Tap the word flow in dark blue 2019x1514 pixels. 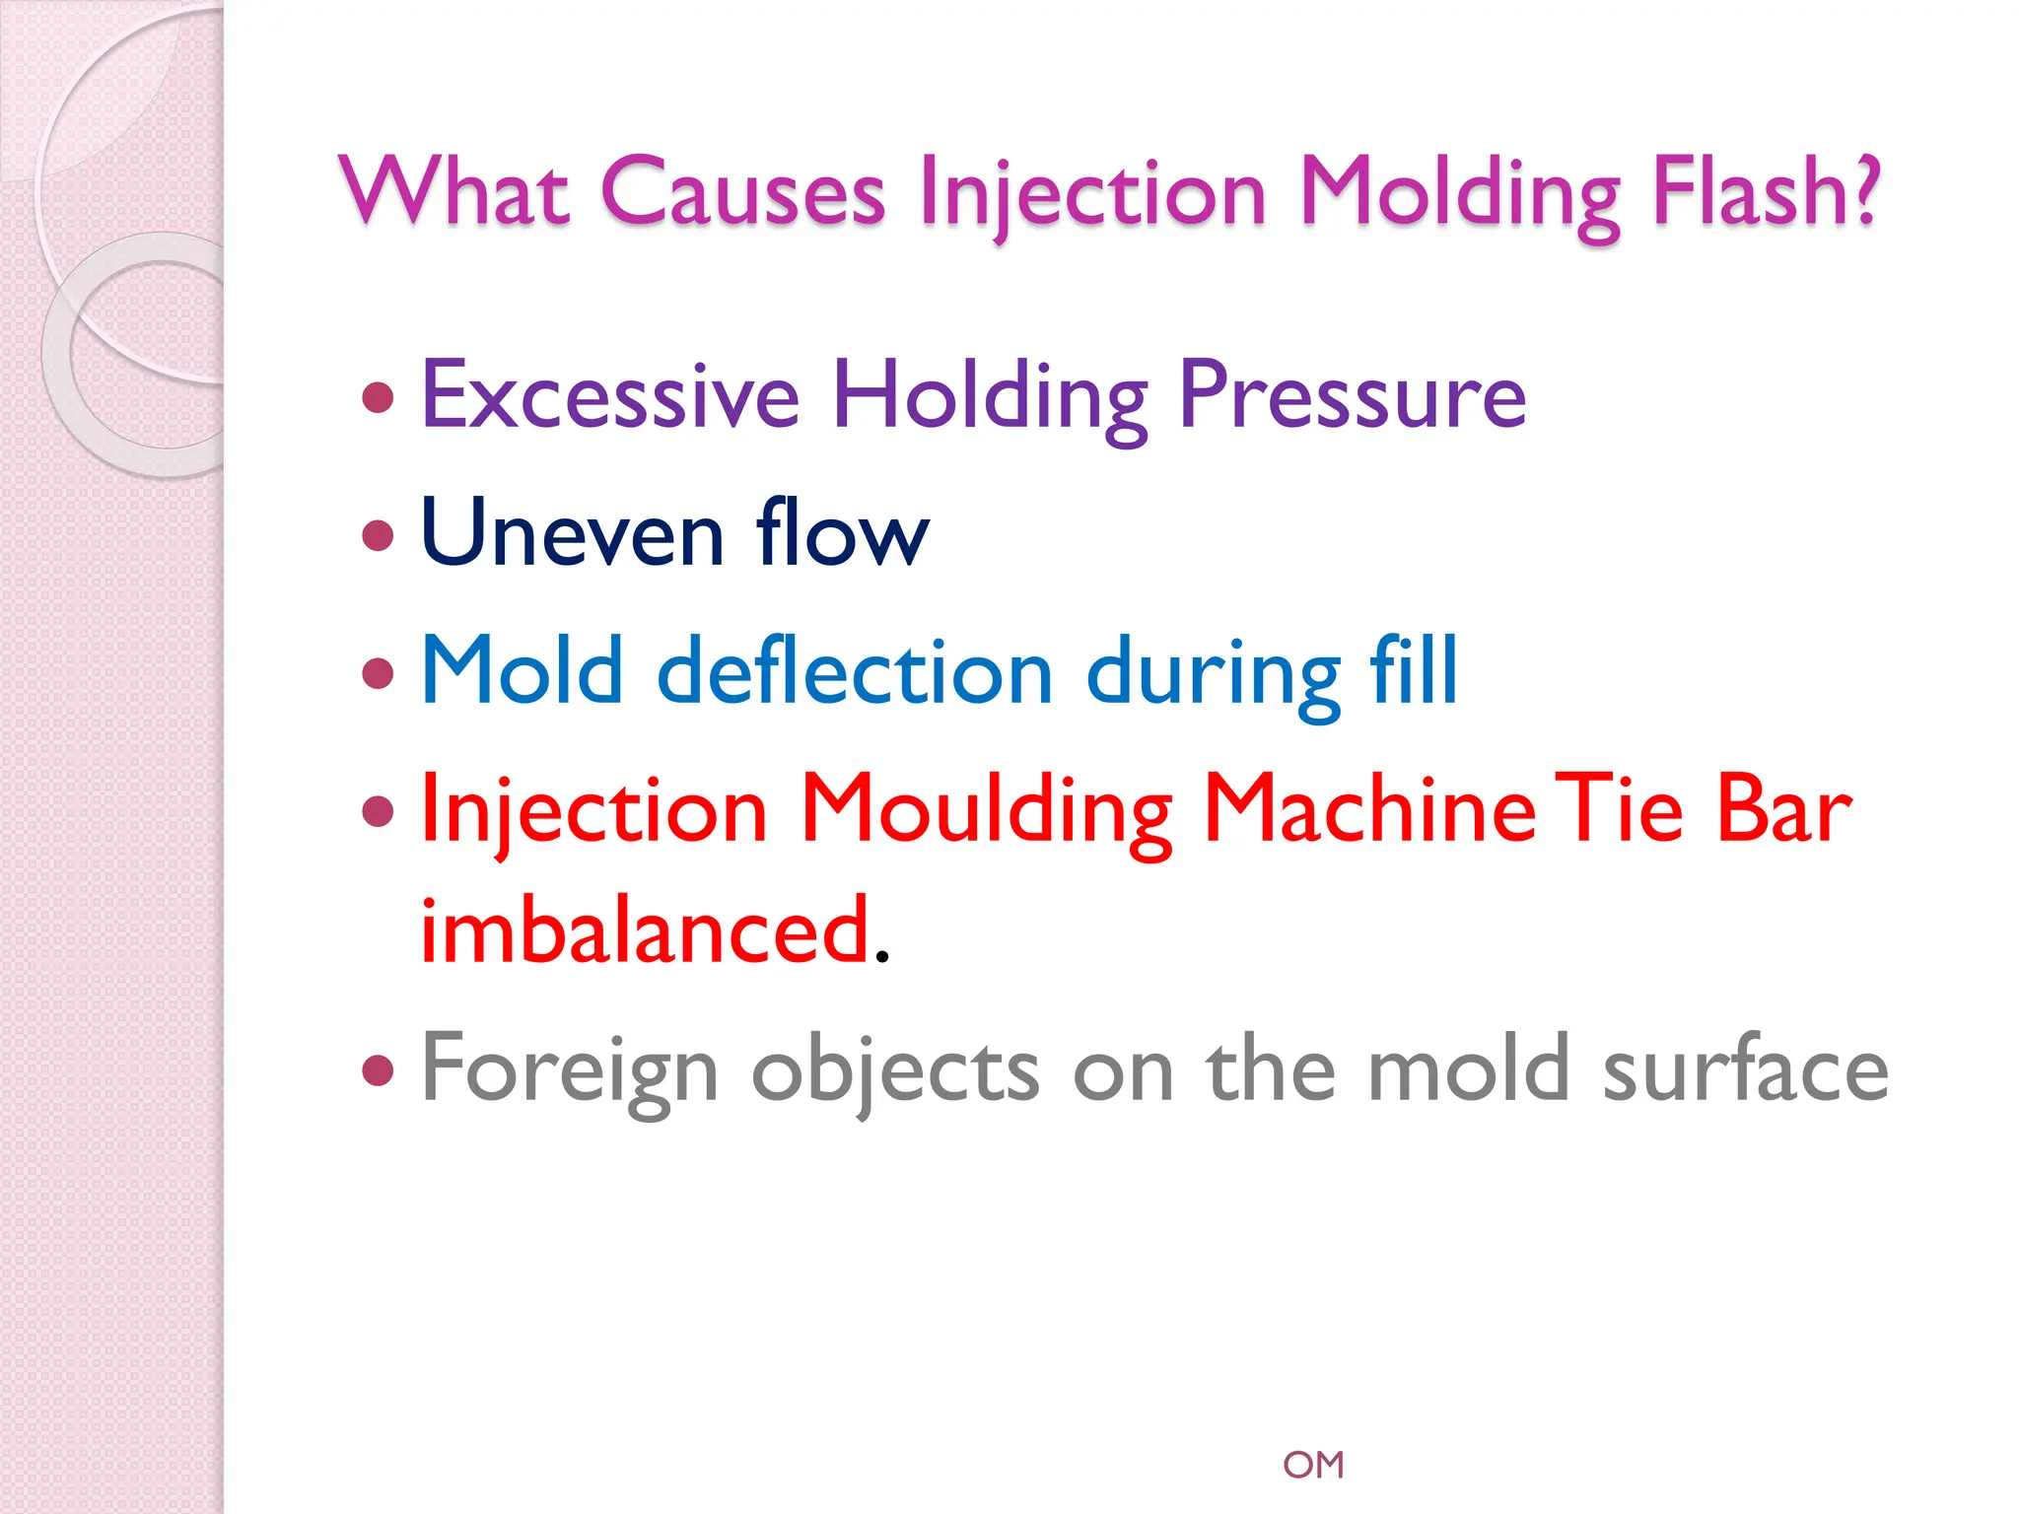pos(842,533)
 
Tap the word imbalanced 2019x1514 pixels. pos(646,931)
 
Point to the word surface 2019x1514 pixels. pos(1745,1069)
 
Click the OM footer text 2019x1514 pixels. pos(1313,1465)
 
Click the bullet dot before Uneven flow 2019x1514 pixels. pos(379,536)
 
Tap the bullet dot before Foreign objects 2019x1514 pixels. pos(379,1069)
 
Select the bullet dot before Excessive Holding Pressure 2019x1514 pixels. pos(379,398)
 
